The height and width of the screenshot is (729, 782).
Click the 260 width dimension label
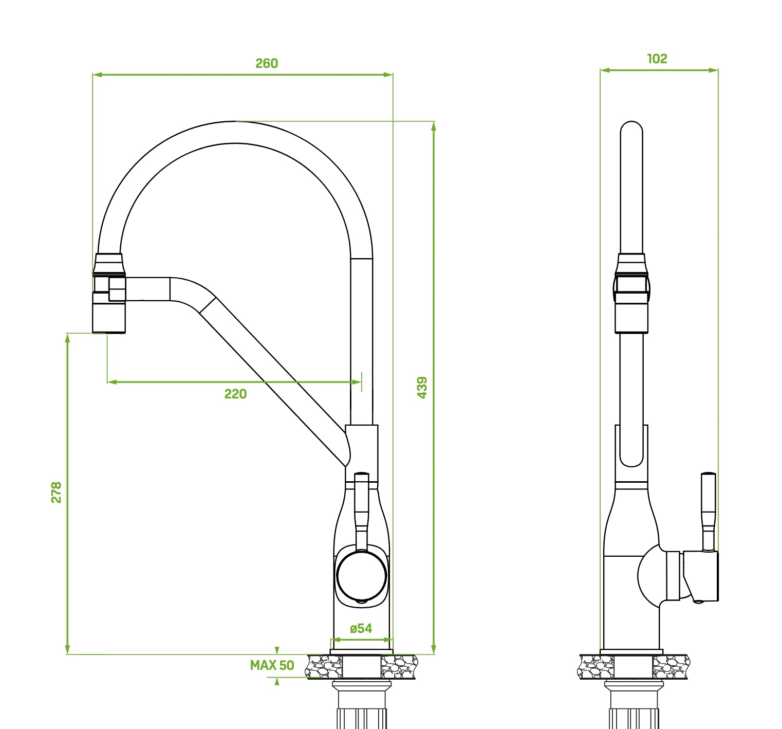point(267,63)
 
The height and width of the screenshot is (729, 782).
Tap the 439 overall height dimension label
point(422,387)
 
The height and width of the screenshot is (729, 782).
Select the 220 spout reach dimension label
point(235,394)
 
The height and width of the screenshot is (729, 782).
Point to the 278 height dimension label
point(56,492)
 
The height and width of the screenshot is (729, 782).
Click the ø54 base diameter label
point(361,628)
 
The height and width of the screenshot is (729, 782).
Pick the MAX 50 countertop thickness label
point(272,665)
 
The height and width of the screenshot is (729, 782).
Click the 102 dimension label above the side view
point(657,59)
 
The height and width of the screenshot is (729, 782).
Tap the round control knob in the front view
point(361,576)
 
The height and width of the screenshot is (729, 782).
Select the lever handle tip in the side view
point(708,476)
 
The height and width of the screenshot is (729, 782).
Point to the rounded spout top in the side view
point(631,129)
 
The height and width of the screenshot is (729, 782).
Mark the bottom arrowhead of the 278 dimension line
point(67,650)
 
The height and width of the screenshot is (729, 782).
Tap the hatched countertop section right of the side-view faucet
point(671,667)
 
